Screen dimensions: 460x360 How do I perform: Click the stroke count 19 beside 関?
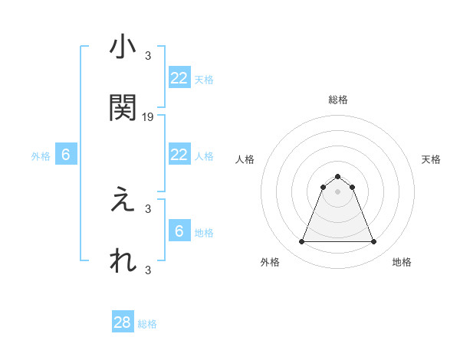pos(149,116)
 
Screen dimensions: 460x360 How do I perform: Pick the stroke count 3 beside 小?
pos(148,55)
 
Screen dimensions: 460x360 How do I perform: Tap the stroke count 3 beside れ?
pos(148,270)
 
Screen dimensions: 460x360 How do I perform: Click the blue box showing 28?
pos(123,322)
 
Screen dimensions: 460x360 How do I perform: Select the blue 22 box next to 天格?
pos(179,78)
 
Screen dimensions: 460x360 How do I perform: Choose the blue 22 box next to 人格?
pos(179,155)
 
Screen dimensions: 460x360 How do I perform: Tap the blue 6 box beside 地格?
pos(179,231)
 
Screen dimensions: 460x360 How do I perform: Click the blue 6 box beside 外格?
pos(66,155)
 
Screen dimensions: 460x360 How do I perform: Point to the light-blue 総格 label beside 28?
pos(148,324)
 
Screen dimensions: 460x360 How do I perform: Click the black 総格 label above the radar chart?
pos(337,100)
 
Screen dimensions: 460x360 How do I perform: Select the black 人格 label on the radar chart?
pos(245,159)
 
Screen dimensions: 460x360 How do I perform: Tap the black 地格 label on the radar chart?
pos(402,262)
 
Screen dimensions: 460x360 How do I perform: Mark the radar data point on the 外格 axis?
pos(301,242)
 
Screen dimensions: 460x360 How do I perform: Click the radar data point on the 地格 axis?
pos(373,242)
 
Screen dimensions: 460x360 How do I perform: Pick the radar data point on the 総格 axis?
pos(337,177)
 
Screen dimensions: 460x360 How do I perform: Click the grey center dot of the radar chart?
pos(337,191)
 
